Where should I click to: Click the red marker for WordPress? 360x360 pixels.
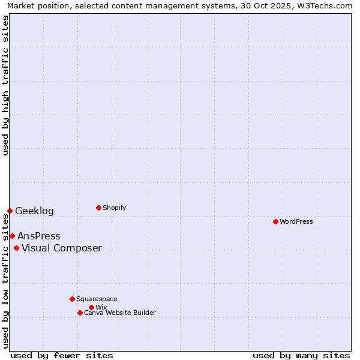275,221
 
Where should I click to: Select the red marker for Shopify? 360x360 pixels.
98,208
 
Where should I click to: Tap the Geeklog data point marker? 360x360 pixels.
10,211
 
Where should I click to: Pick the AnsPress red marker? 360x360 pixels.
12,236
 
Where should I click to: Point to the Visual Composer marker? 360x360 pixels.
16,248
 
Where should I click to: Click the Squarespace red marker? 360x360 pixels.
72,299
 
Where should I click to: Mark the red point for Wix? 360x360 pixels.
91,307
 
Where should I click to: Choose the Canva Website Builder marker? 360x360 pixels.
80,313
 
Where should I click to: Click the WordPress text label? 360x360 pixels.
296,221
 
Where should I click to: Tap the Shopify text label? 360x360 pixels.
114,208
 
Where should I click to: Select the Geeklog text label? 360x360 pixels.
34,211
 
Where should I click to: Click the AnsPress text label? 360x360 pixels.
38,236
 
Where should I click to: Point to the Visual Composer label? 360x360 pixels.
62,248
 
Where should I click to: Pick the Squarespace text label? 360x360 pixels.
97,299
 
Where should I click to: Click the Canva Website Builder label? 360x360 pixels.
120,313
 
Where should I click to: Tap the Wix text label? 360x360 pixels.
101,307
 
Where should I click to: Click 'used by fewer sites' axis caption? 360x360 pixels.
62,355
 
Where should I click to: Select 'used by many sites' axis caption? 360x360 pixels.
301,355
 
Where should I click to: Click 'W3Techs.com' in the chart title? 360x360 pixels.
326,5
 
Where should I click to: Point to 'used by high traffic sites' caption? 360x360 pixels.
5,85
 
